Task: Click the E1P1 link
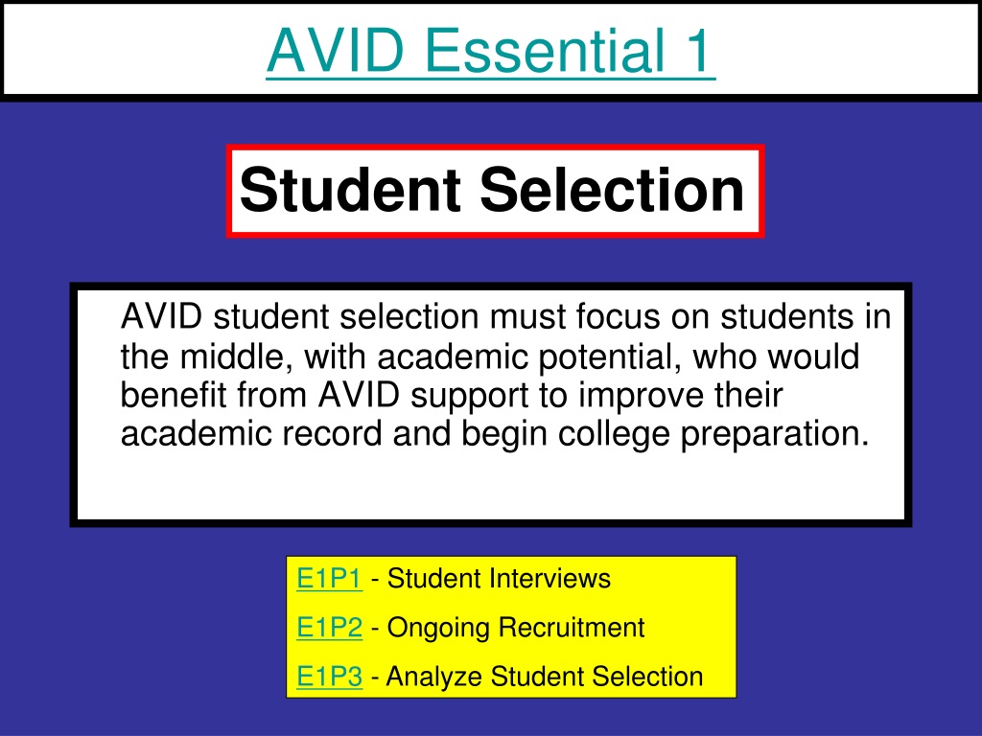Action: click(x=330, y=578)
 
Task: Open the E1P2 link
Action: click(x=330, y=627)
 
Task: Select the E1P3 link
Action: click(x=330, y=677)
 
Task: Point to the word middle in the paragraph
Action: click(x=237, y=356)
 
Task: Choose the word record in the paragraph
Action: click(x=332, y=434)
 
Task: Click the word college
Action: click(x=613, y=435)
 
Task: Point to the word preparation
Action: click(x=775, y=435)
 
